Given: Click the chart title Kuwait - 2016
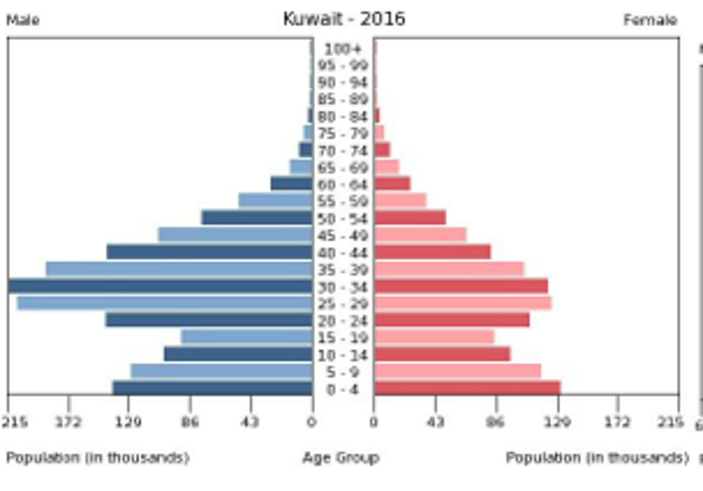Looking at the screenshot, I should click(x=344, y=19).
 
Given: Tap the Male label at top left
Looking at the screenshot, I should click(x=23, y=20).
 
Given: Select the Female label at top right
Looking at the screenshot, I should click(x=650, y=20).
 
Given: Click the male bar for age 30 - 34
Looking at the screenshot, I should click(x=160, y=287).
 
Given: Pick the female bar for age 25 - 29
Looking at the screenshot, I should click(x=462, y=303).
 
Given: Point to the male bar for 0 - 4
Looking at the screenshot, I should click(x=213, y=388).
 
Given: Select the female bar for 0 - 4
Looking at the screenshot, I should click(x=467, y=388).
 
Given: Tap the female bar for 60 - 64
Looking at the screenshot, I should click(x=392, y=184).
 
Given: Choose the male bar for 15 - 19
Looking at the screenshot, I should click(x=247, y=337).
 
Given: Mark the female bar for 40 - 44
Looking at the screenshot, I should click(x=432, y=252).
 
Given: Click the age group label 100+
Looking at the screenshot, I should click(x=343, y=49).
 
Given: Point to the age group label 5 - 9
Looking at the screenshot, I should click(x=343, y=372).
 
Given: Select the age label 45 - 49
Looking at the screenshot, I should click(x=343, y=236).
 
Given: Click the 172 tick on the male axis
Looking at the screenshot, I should click(x=68, y=421).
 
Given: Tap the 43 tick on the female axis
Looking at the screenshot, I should click(x=435, y=421).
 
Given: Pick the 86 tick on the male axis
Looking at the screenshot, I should click(x=190, y=421).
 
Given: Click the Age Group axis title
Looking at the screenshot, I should click(x=341, y=458).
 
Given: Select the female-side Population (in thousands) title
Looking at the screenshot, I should click(x=597, y=458).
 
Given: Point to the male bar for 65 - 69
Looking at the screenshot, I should click(x=302, y=167).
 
